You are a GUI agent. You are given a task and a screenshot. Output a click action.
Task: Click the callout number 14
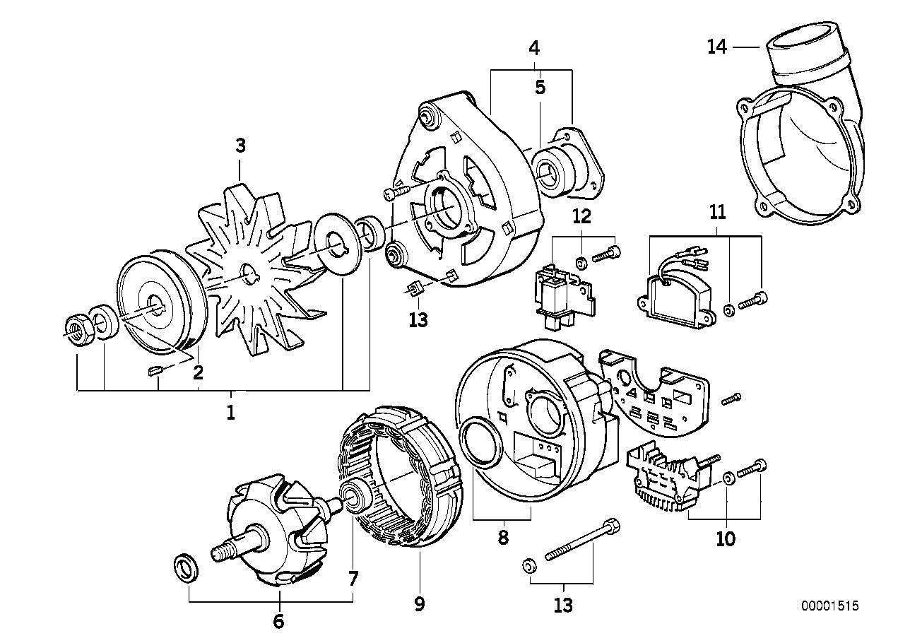tap(716, 47)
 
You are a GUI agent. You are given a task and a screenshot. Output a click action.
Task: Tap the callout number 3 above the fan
tap(240, 145)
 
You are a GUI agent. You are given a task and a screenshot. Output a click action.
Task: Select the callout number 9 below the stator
tap(419, 604)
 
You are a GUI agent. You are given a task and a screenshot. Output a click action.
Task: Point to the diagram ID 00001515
tap(830, 606)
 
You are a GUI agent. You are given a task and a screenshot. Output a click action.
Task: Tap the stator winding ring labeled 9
tap(400, 476)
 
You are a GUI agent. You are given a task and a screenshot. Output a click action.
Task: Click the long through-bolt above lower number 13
tap(581, 539)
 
